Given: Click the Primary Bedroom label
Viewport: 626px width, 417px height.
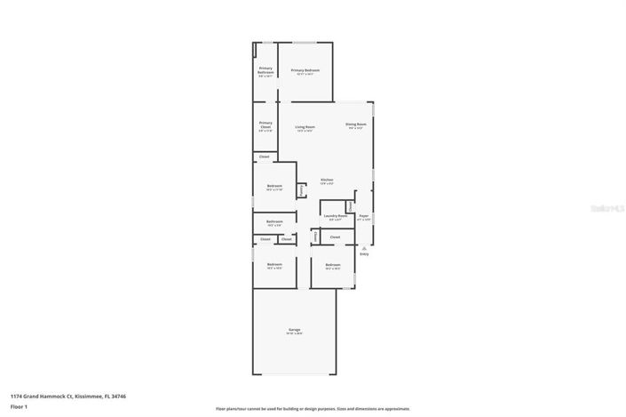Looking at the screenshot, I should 305,70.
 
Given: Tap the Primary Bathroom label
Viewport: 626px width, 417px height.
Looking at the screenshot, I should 265,70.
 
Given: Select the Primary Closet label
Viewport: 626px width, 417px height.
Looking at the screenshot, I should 265,124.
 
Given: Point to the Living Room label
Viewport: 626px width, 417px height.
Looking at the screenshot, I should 305,127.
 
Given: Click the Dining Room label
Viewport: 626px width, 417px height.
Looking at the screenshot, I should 356,124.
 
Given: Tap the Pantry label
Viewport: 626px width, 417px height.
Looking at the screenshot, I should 302,189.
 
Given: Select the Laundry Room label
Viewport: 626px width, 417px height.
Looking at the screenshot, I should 335,215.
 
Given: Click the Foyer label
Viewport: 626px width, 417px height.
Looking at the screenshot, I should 363,215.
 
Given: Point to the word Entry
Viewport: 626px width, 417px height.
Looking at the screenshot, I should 364,253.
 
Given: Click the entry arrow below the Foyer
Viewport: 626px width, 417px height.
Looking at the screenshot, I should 364,247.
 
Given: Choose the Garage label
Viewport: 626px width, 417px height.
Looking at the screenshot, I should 293,330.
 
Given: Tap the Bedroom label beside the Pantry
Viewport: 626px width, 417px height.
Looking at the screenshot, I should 274,186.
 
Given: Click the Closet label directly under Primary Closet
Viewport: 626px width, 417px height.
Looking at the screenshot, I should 264,157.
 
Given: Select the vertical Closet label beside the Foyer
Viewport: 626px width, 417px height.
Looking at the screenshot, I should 351,206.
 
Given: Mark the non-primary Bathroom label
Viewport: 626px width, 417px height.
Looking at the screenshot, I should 274,221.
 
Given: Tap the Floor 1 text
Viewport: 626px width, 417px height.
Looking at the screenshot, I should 19,406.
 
